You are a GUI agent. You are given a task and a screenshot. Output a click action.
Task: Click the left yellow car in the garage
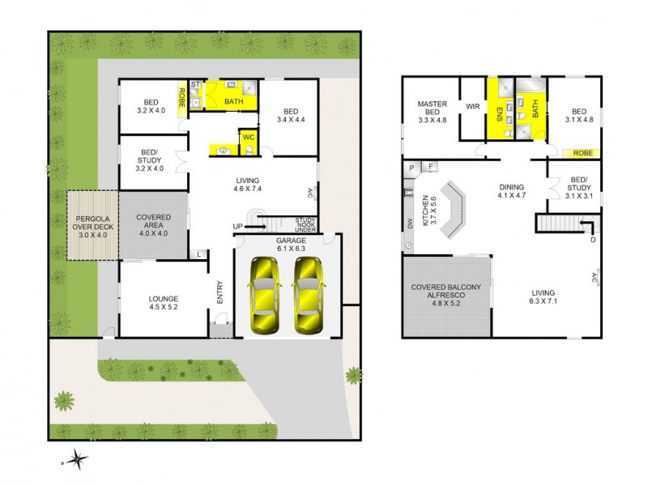(263, 293)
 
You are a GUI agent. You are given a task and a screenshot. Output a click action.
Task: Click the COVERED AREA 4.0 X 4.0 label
(152, 224)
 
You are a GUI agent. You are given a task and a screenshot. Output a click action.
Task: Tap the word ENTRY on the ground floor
(220, 292)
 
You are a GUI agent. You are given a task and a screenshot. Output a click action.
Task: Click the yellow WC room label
(249, 138)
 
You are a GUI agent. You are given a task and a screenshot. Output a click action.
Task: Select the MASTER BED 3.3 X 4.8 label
(433, 110)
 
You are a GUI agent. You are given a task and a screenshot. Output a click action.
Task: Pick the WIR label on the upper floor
(473, 106)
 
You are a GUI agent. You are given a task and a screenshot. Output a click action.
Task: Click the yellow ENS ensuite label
(499, 116)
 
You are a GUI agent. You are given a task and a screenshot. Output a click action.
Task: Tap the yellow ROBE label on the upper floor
(582, 151)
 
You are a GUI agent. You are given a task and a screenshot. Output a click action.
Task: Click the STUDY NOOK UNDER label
(305, 223)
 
